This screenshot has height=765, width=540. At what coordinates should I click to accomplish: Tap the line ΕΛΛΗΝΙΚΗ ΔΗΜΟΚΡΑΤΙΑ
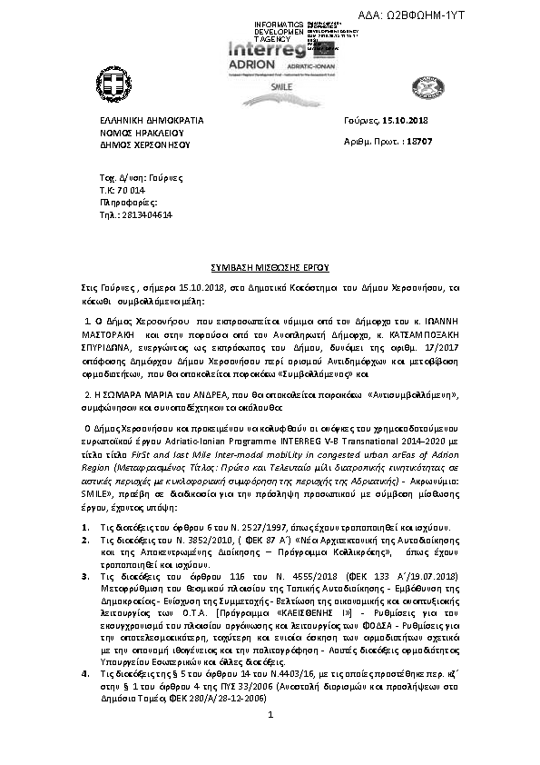[x=151, y=120]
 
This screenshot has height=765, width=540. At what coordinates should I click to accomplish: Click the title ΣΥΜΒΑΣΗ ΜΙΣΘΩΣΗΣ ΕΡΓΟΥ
[x=270, y=270]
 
